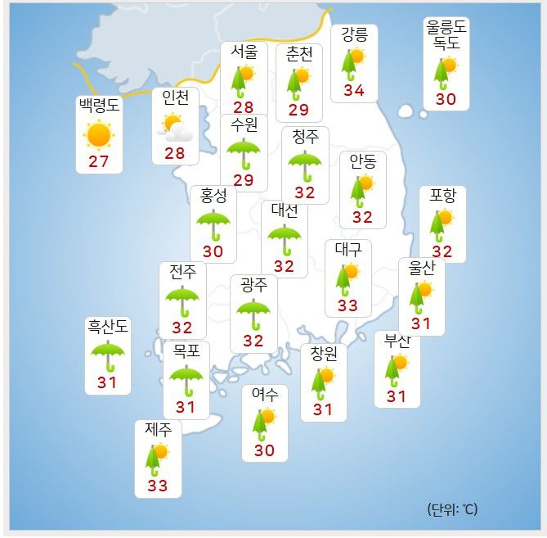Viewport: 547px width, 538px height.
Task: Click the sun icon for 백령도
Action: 98,134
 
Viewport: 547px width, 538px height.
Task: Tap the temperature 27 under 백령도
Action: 98,160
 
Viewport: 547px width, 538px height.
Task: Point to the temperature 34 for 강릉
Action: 354,90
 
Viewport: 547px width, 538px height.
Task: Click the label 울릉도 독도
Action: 446,35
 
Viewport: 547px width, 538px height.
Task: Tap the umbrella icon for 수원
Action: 243,153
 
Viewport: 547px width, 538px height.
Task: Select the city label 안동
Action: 362,161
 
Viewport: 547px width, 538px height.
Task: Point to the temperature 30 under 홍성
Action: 213,251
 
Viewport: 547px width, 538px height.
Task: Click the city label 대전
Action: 284,210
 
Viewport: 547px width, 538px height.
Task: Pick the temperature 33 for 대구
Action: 347,305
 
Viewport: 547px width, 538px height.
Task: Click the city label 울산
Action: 421,268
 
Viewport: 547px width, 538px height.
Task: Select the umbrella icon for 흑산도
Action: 107,356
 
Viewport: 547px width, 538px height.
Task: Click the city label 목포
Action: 186,351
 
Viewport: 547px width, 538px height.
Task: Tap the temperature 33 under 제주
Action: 157,486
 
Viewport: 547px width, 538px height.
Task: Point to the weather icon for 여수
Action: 264,423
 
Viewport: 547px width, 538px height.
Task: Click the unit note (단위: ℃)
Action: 451,509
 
